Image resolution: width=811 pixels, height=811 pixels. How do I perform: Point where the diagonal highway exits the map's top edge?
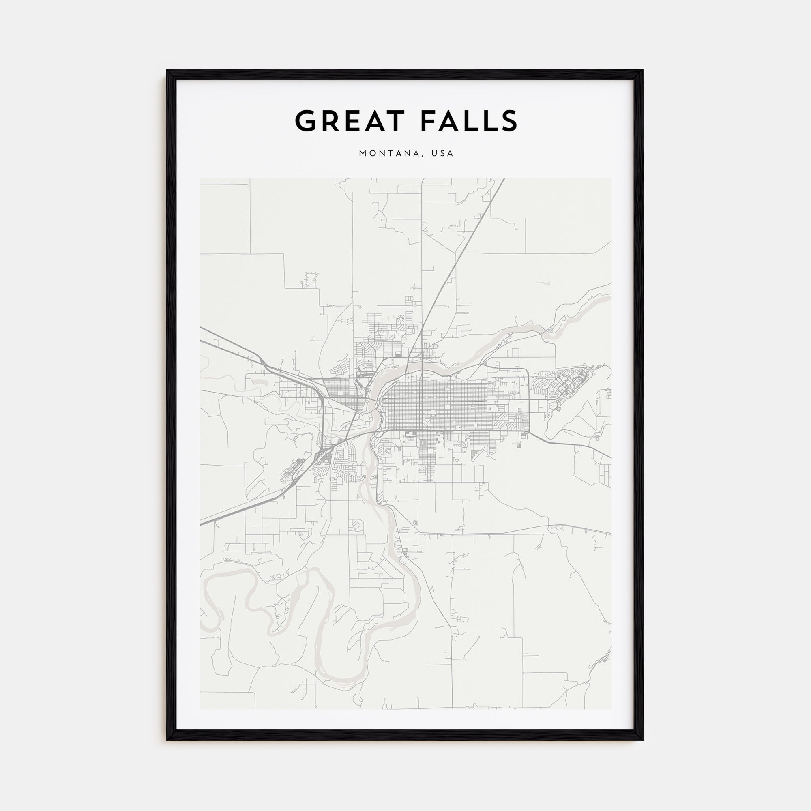(x=504, y=179)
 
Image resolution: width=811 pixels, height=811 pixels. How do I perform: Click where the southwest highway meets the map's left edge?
(x=201, y=524)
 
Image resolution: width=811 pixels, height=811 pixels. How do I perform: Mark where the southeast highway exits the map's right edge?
(x=610, y=457)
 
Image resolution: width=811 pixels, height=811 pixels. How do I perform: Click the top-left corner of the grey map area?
(x=201, y=179)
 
